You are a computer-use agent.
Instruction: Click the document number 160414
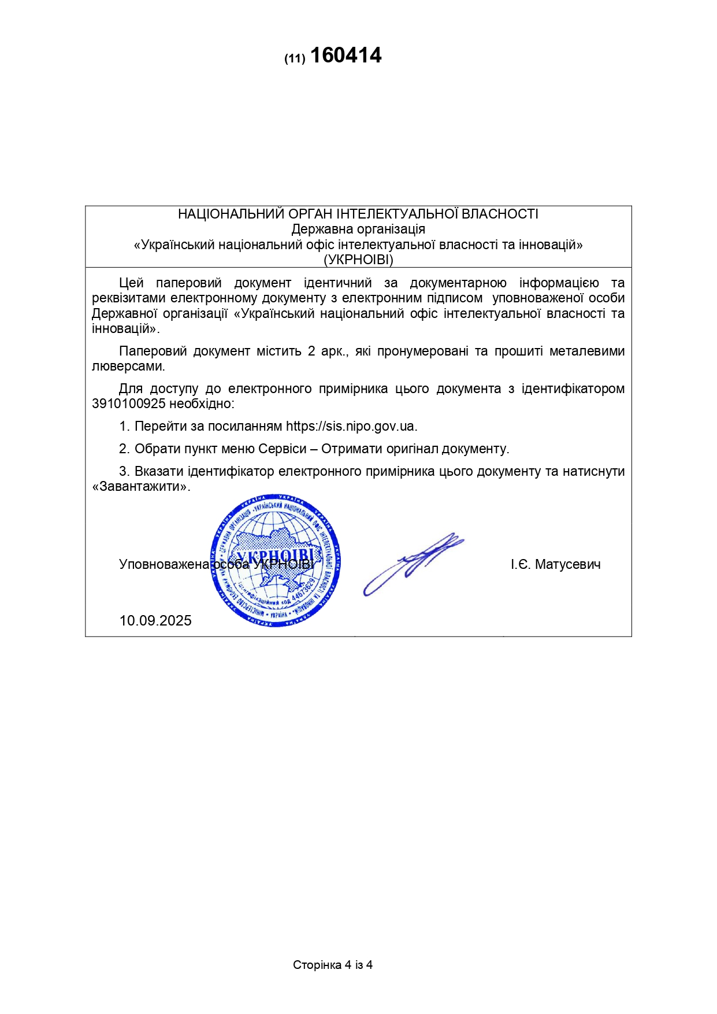tap(346, 56)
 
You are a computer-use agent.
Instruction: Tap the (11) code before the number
tap(294, 59)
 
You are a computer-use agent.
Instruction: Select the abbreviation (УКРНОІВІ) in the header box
tap(358, 260)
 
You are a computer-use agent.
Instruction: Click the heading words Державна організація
tap(358, 229)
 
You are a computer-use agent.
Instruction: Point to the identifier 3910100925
tap(129, 404)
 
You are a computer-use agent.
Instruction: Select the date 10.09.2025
tap(155, 621)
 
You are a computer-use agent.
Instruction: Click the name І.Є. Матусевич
tap(555, 564)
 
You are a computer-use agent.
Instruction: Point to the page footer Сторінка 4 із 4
tap(332, 965)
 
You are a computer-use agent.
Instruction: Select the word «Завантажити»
tap(140, 486)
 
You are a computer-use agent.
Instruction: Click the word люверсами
tap(128, 367)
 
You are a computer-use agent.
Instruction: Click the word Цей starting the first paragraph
tap(131, 283)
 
